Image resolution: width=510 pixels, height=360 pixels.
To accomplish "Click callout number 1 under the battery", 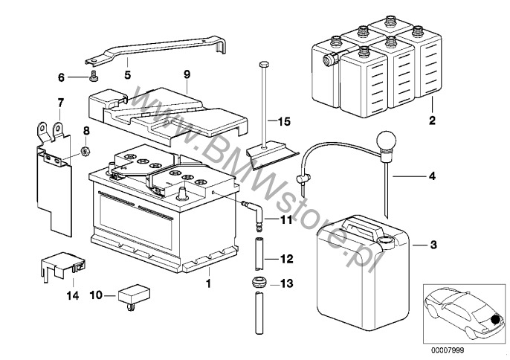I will coord(209,283).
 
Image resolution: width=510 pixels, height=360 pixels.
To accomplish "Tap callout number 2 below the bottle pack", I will coord(431,119).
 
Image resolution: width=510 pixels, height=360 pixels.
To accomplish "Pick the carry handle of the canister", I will coord(362,225).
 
